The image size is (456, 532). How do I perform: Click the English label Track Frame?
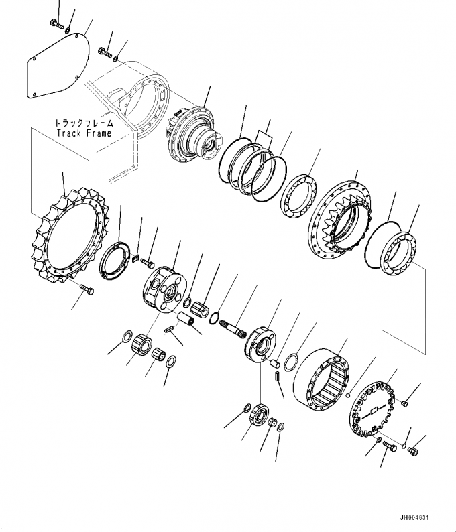[84, 133]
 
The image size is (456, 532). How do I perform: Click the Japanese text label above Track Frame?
[84, 123]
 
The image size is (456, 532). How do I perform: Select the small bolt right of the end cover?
[406, 402]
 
